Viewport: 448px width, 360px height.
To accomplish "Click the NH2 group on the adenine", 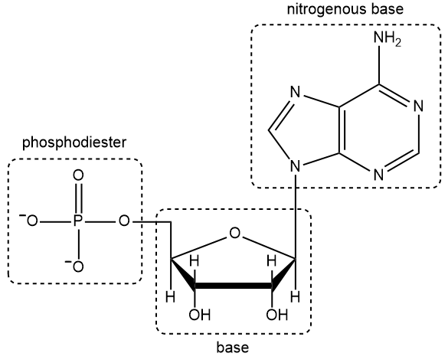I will coord(386,40).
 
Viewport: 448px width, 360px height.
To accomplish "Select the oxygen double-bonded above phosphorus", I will coord(77,175).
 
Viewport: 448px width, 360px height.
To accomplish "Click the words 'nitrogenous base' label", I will coord(345,11).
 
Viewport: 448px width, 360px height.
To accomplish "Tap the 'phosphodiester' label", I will coord(74,142).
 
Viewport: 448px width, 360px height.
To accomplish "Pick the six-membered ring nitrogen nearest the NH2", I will coord(417,106).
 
